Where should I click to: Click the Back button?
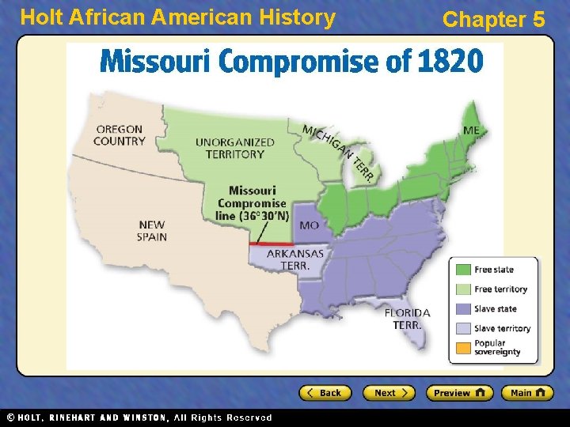pos(325,393)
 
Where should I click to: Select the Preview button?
pos(459,393)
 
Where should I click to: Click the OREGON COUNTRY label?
pos(119,135)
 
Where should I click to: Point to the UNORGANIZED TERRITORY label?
pos(235,148)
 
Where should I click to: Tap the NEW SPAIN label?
pos(151,230)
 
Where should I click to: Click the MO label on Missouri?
pos(310,225)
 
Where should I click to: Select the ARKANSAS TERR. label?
pos(294,259)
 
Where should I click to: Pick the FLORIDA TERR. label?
pos(407,318)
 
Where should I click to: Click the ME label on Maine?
pos(471,130)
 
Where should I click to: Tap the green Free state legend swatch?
pos(462,270)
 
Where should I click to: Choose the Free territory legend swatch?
pos(462,289)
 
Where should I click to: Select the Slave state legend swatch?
pos(462,309)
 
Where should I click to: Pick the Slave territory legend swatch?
pos(462,328)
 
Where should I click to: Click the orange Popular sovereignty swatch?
pos(462,348)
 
